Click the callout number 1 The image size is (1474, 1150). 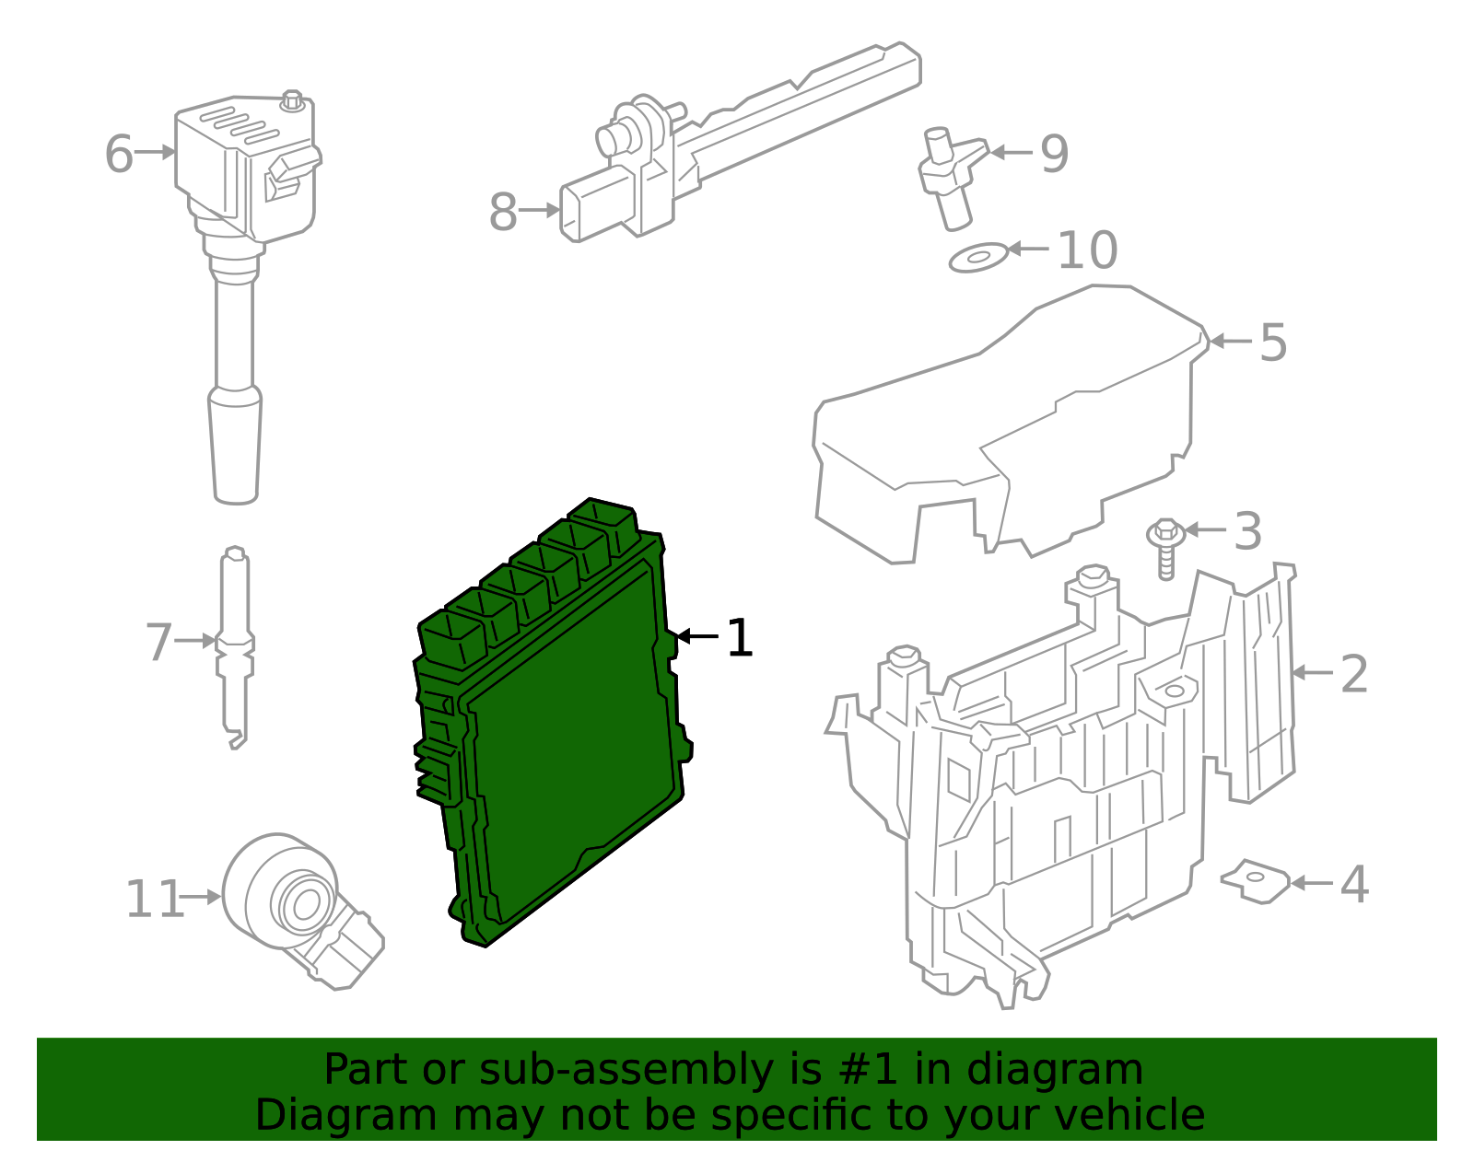pyautogui.click(x=740, y=638)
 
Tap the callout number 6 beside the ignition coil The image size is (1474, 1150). pyautogui.click(x=119, y=154)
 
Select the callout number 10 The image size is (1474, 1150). pyautogui.click(x=1087, y=250)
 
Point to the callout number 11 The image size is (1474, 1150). pyautogui.click(x=154, y=900)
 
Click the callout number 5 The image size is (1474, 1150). pyautogui.click(x=1272, y=343)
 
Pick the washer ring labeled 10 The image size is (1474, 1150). pyautogui.click(x=978, y=258)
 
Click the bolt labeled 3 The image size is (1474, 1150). pyautogui.click(x=1165, y=547)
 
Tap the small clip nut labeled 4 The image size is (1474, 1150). pyautogui.click(x=1255, y=881)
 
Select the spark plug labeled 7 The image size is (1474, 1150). pyautogui.click(x=235, y=645)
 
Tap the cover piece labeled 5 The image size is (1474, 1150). pyautogui.click(x=1004, y=424)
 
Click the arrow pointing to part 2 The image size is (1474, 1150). pyautogui.click(x=1312, y=673)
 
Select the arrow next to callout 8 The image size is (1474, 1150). pyautogui.click(x=540, y=211)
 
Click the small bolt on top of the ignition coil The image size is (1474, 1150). pyautogui.click(x=292, y=99)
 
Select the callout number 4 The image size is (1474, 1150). pyautogui.click(x=1353, y=885)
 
